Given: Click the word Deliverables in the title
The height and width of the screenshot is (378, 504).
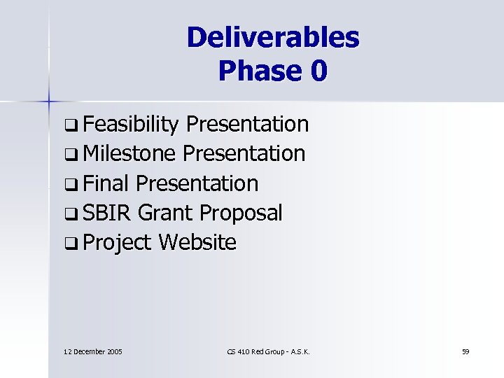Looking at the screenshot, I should [272, 38].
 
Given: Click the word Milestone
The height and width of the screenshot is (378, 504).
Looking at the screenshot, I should [129, 154].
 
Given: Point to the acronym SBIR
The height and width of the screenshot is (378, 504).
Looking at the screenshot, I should [107, 213].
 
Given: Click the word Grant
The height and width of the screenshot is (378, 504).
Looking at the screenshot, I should [168, 213].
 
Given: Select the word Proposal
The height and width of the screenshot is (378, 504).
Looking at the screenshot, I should [243, 213].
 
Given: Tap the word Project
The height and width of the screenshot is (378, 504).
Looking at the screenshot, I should [117, 243].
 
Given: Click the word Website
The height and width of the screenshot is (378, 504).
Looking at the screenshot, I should [197, 242].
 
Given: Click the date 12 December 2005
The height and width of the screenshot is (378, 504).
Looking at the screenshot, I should [92, 351].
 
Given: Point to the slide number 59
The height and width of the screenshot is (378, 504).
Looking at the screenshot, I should [465, 351].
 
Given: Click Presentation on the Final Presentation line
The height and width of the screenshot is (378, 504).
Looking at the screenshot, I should [197, 183].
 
